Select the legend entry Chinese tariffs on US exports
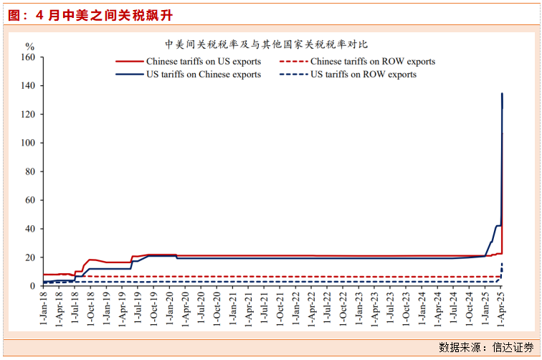[204, 62]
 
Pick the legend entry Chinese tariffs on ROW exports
[372, 62]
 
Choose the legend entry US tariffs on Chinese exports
[204, 75]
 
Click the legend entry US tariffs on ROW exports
[363, 75]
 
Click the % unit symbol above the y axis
[30, 47]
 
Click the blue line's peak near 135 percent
[502, 93]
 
